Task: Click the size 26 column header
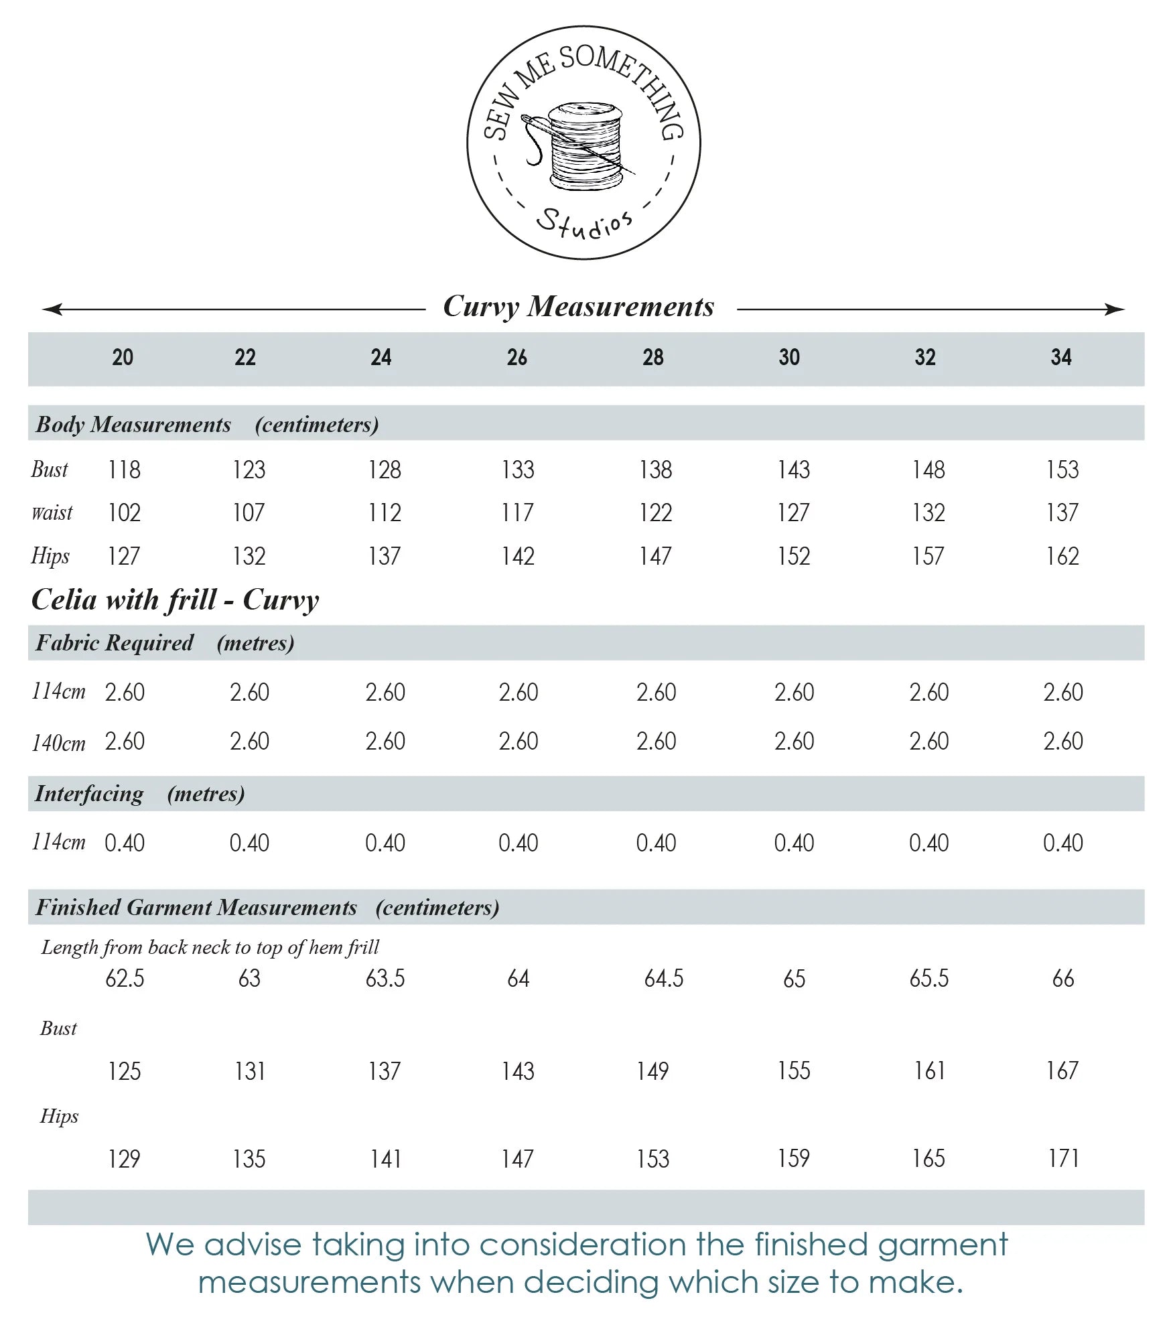click(516, 357)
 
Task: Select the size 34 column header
click(1061, 357)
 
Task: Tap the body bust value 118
click(124, 470)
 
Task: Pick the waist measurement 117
click(518, 513)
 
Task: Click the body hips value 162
click(1062, 556)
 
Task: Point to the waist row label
click(52, 513)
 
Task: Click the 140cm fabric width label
click(58, 743)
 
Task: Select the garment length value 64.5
click(663, 979)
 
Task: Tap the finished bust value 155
click(793, 1071)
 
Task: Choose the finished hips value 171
click(1063, 1158)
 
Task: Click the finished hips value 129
click(124, 1159)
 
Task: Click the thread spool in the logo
click(585, 146)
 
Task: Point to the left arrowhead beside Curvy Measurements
click(52, 309)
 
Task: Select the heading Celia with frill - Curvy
click(175, 600)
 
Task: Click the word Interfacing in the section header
click(89, 794)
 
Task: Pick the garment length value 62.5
click(125, 979)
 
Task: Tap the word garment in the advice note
click(942, 1245)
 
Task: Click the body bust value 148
click(928, 470)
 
